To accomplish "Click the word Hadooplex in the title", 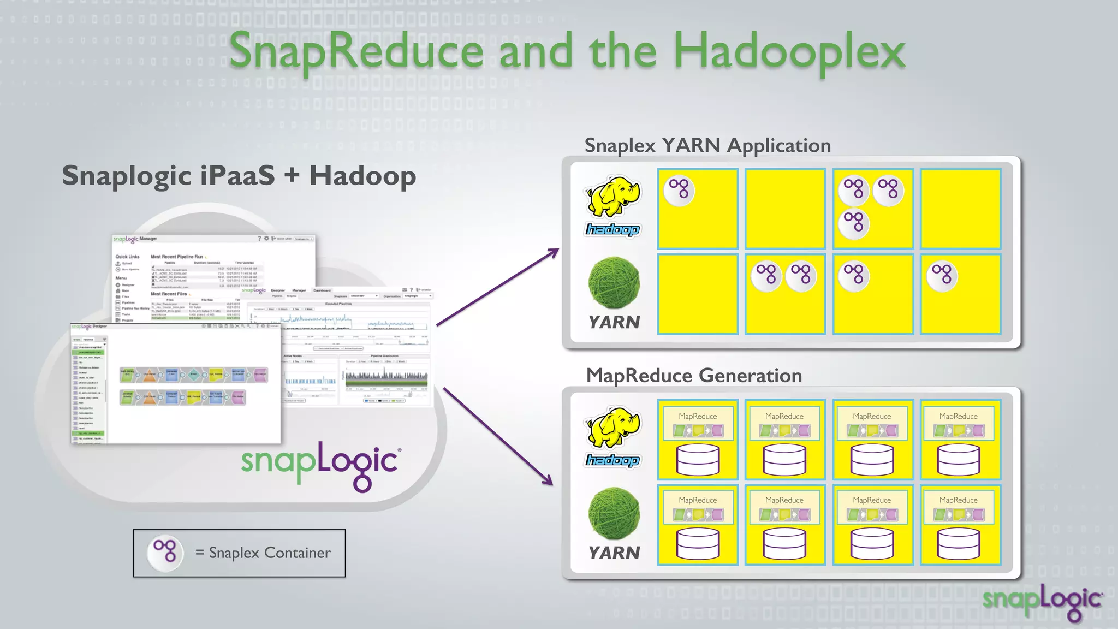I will pos(789,52).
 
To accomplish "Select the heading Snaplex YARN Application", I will pos(707,145).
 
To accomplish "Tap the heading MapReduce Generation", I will pos(694,376).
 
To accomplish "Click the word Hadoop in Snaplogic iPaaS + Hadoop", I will pos(362,176).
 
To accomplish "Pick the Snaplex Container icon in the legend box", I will pos(165,553).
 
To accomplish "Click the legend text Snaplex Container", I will pos(270,553).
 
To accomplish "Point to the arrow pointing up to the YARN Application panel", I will pos(497,287).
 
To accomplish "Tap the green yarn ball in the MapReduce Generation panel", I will pos(614,513).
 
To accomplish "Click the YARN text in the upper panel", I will pos(614,322).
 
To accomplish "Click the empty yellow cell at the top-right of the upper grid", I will pos(960,209).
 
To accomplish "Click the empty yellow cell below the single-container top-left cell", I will pos(698,294).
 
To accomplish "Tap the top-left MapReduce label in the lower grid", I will pos(698,416).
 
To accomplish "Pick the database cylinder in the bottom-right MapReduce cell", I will pos(959,544).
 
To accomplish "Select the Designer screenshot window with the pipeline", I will pos(176,382).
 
